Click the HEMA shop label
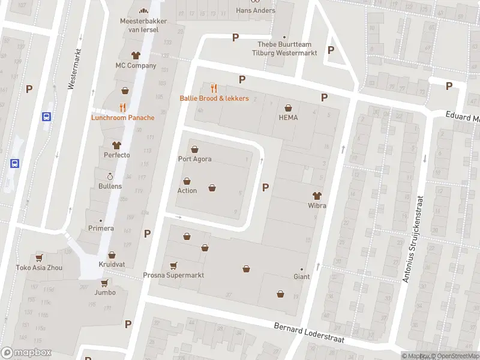(x=288, y=117)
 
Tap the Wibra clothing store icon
(x=317, y=195)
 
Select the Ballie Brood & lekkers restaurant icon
(x=214, y=88)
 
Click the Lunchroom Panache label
(x=122, y=118)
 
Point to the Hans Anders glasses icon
(x=256, y=2)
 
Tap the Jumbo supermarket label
(x=104, y=293)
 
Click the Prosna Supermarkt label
(x=173, y=275)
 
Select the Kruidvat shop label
(x=112, y=265)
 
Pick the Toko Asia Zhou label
(x=39, y=268)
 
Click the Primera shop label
(x=101, y=228)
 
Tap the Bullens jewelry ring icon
(x=110, y=176)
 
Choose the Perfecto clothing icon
(x=116, y=145)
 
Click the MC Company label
(x=136, y=65)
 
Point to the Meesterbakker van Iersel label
(x=143, y=25)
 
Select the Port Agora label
(x=194, y=159)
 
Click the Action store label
(x=187, y=190)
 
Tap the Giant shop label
(x=301, y=277)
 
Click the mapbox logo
(x=26, y=353)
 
